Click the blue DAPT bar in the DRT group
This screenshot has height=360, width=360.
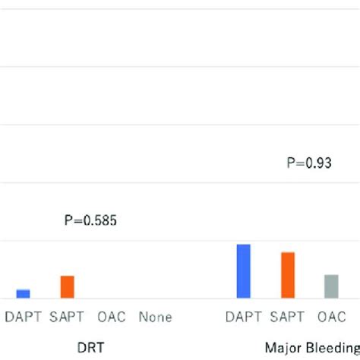click(24, 293)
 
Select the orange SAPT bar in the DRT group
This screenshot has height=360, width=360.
click(68, 286)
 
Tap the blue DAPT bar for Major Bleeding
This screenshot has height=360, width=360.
click(243, 271)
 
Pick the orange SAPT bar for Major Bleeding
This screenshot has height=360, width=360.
click(288, 275)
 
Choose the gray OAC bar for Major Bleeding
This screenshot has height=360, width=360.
click(331, 286)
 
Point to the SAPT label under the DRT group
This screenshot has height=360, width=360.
click(68, 317)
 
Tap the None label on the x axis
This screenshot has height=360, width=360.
click(155, 317)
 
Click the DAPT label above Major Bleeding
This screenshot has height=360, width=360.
click(243, 317)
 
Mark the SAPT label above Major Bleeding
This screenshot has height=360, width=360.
click(288, 317)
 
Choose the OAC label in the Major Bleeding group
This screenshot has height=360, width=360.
click(331, 317)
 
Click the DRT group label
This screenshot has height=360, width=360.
click(90, 348)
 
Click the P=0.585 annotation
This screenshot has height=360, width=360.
click(90, 221)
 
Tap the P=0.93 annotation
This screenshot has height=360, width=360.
click(309, 162)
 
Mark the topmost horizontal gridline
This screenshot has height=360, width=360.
click(180, 8)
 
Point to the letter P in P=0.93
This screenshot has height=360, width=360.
click(291, 162)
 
